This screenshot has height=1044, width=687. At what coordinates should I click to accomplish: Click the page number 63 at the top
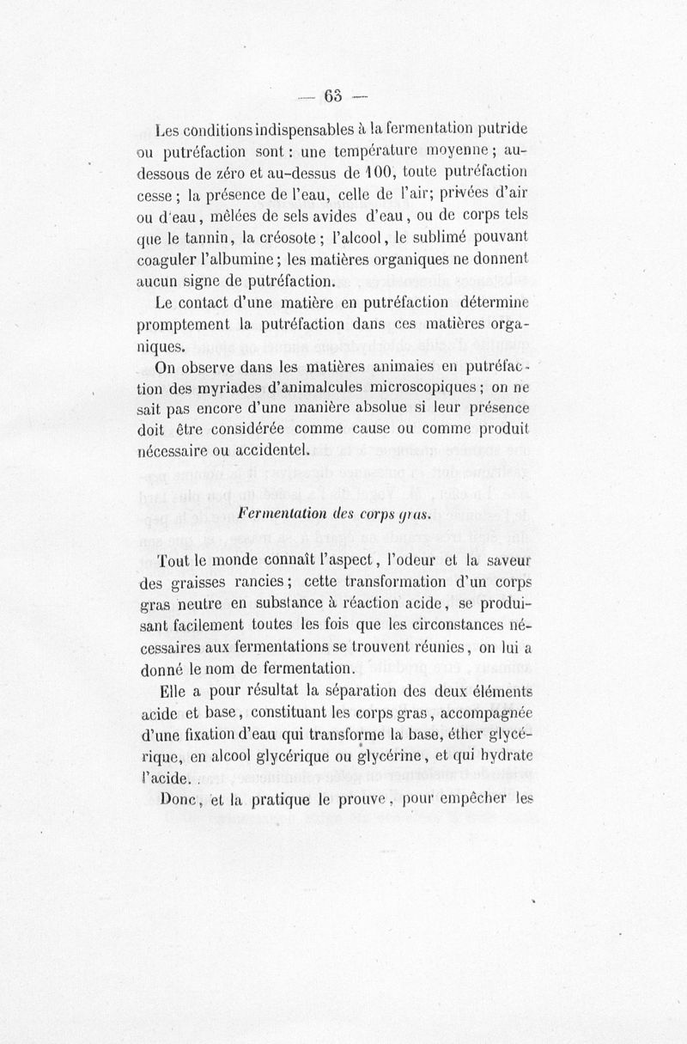(x=335, y=95)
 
